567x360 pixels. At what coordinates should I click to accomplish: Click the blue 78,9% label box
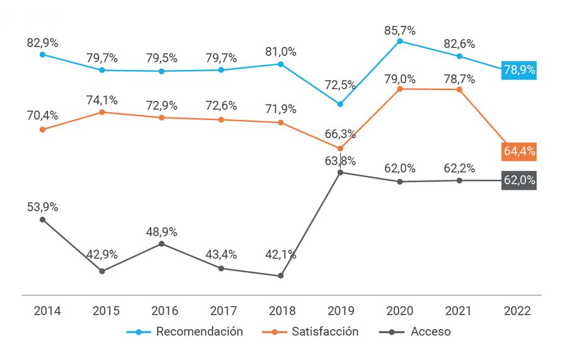[519, 70]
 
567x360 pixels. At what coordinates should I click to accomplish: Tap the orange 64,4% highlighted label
[519, 151]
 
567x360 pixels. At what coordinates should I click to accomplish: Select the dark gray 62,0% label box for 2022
[519, 180]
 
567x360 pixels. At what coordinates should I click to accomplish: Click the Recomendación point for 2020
[399, 41]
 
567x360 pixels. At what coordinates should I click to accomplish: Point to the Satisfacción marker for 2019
[340, 149]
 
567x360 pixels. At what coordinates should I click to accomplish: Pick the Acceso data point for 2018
[280, 276]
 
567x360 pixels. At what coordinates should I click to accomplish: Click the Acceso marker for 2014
[42, 219]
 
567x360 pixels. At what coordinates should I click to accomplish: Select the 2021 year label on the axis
[459, 311]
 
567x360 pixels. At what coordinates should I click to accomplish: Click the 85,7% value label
[399, 30]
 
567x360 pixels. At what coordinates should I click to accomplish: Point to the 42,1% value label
[280, 255]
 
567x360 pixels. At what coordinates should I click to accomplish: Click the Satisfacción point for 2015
[102, 112]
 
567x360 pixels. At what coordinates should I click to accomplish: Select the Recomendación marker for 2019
[340, 104]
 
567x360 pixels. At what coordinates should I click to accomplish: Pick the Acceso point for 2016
[161, 243]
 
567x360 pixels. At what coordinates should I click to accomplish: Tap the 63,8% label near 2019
[340, 160]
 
